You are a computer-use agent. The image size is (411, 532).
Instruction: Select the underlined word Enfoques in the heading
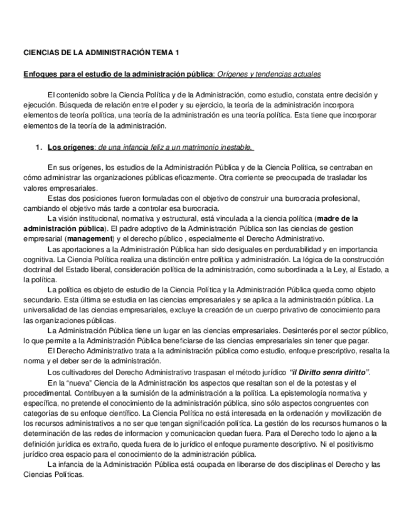(x=40, y=74)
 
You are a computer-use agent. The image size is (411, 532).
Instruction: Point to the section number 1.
(x=39, y=147)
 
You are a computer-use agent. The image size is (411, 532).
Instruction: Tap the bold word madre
(x=329, y=218)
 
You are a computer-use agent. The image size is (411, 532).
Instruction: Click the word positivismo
(x=356, y=444)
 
